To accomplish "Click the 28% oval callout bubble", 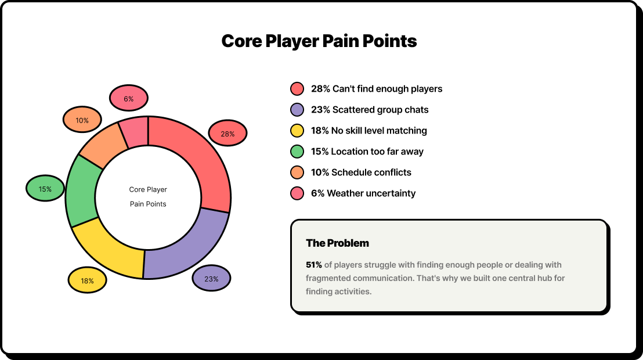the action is pos(227,134).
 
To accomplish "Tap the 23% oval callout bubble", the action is pos(211,278).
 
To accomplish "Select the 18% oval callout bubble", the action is pos(88,280).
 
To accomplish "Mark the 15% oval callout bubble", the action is pos(45,188).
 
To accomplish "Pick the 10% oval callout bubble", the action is pos(82,120).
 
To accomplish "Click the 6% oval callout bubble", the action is pos(129,98).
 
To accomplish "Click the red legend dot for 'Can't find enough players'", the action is pos(297,89).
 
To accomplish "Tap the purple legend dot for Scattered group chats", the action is pos(297,110).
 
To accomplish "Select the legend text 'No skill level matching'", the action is pos(379,131).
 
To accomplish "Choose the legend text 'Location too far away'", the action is pos(377,152).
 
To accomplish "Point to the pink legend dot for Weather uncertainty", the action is pos(297,193).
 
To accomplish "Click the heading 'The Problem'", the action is pos(338,243).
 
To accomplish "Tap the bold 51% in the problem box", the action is pos(314,265).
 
